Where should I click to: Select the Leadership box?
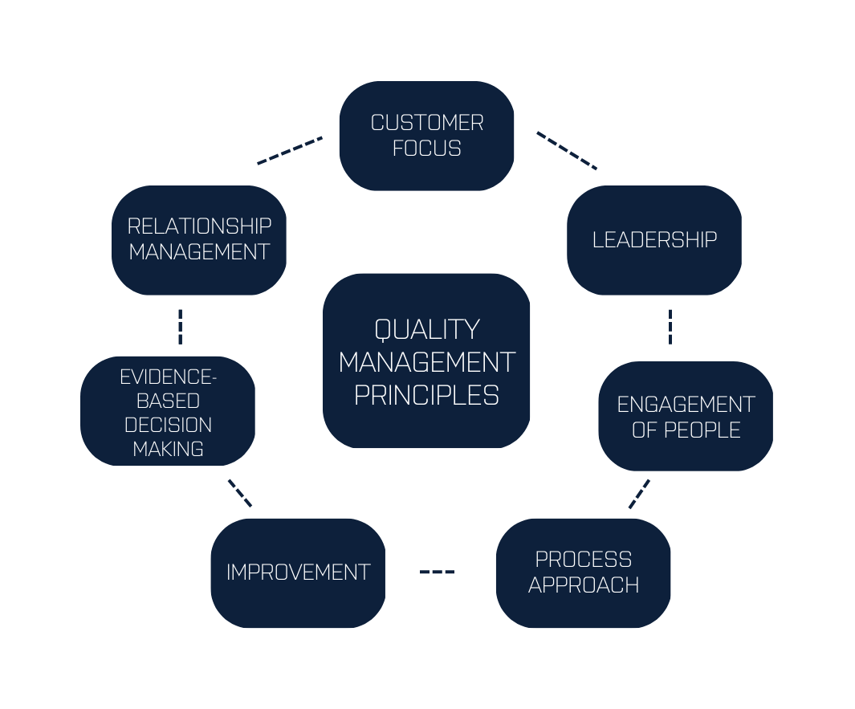click(x=653, y=240)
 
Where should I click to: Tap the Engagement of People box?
click(x=686, y=416)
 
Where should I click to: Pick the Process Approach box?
click(x=583, y=572)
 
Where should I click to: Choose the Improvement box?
click(x=298, y=572)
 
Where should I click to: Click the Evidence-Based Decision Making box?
click(x=168, y=411)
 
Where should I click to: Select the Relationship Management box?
click(x=199, y=240)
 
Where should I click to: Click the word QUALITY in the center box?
click(x=426, y=329)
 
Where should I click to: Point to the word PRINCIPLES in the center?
click(x=426, y=395)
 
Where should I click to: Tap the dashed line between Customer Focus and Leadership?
click(x=567, y=151)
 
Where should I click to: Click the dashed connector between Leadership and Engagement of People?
click(x=670, y=327)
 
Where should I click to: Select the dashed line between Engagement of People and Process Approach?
click(x=639, y=494)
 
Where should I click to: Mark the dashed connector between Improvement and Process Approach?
click(x=438, y=572)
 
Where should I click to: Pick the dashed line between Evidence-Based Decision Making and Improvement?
click(x=240, y=493)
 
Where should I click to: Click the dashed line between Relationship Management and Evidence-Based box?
click(x=180, y=327)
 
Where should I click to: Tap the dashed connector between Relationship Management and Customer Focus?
click(x=290, y=150)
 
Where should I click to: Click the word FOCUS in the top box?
click(x=426, y=149)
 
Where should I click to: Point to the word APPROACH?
click(x=584, y=585)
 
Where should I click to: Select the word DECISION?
click(x=168, y=424)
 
